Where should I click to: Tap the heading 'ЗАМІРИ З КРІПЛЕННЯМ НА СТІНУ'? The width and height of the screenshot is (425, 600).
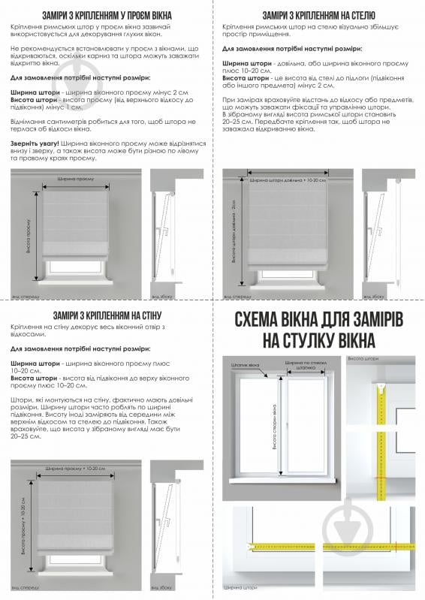pos(105,315)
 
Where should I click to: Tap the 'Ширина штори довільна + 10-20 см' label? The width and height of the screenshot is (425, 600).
pos(288,180)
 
